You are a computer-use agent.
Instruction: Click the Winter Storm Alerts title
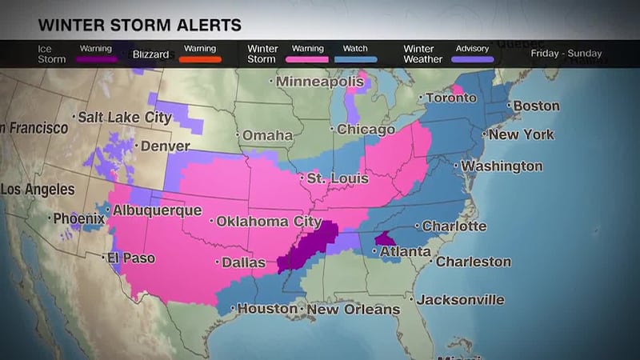click(139, 25)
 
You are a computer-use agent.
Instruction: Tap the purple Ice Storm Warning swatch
click(96, 59)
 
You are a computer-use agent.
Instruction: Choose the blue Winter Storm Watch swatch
click(355, 59)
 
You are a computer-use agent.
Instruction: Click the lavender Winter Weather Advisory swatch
click(472, 59)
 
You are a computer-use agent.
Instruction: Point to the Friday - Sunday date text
click(566, 54)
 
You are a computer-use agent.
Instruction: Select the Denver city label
click(166, 146)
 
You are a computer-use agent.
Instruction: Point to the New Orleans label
click(353, 309)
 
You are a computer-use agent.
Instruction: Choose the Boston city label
click(536, 106)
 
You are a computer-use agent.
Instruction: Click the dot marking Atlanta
click(375, 251)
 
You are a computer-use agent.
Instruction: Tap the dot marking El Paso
click(104, 258)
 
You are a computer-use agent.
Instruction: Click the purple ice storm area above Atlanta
click(385, 238)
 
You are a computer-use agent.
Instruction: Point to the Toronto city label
click(450, 98)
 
